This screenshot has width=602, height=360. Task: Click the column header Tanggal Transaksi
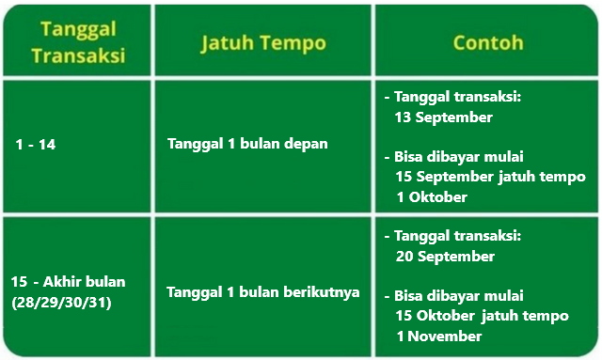coord(78,42)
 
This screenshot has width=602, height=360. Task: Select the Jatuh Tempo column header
coord(262,42)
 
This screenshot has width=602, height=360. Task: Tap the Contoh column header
coord(487,42)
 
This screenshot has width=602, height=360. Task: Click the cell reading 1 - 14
coord(37,145)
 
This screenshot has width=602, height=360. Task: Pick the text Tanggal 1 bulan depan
coord(248,144)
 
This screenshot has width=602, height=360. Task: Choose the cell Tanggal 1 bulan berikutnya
coord(263,291)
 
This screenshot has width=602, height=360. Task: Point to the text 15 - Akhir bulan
coord(69,282)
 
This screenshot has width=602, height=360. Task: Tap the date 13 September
coord(445,117)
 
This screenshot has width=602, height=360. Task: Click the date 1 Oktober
coord(432,196)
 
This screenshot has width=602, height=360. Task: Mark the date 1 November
coord(439,336)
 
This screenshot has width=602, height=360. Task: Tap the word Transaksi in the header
coord(78,55)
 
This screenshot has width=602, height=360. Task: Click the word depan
coord(307,144)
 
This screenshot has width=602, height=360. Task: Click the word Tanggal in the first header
coord(78,29)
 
